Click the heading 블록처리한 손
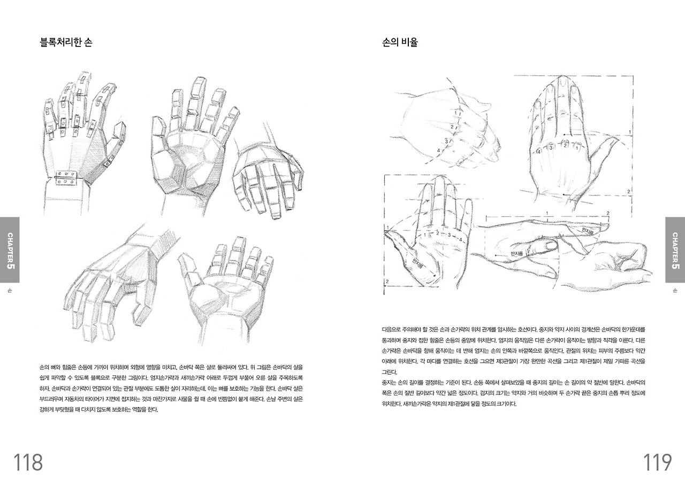66,43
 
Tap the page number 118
28,462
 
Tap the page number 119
657,462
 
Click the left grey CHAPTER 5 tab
10,250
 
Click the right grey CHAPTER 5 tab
675,250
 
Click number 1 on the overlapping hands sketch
455,113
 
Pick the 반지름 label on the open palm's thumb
417,261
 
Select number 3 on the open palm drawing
450,234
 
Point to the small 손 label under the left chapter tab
10,291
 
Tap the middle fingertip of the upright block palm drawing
199,84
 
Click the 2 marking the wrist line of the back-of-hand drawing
628,191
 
